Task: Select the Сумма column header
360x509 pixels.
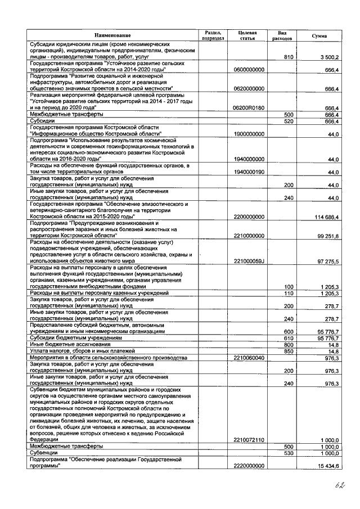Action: coord(319,35)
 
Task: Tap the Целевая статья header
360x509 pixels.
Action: coord(248,35)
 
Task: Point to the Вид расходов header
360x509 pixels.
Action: coord(286,35)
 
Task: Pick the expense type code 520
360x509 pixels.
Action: coord(290,121)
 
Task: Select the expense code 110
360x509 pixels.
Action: coord(289,294)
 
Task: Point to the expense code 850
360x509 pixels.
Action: coord(289,351)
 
